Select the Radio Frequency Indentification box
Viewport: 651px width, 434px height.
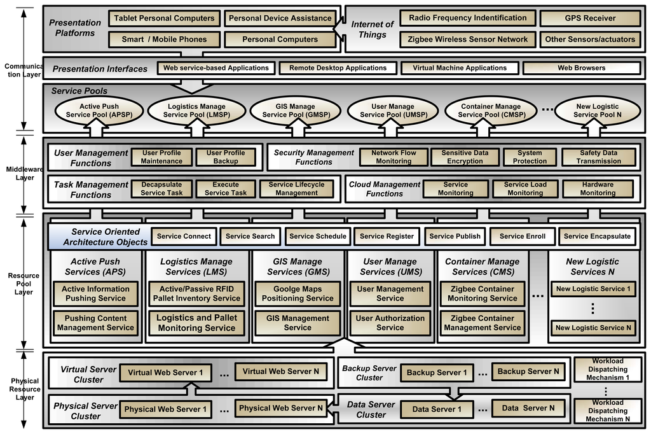pyautogui.click(x=467, y=18)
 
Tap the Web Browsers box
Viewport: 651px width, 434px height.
pyautogui.click(x=581, y=67)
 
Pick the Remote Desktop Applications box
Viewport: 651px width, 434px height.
pyautogui.click(x=338, y=67)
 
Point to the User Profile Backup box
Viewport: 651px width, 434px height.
pyautogui.click(x=225, y=157)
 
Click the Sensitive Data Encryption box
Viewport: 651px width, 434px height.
pyautogui.click(x=465, y=157)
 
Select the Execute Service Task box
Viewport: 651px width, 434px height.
pyautogui.click(x=226, y=188)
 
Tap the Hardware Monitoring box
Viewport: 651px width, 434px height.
pyautogui.click(x=597, y=188)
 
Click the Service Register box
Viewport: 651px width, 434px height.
pyautogui.click(x=387, y=236)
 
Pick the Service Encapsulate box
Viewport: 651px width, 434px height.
pyautogui.click(x=597, y=236)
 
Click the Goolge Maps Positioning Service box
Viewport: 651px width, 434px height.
pyautogui.click(x=298, y=293)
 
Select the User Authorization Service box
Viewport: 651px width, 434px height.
pyautogui.click(x=390, y=323)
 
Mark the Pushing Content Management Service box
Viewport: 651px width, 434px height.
pyautogui.click(x=95, y=323)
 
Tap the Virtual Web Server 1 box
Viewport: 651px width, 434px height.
pyautogui.click(x=165, y=372)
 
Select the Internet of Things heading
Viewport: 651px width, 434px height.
pyautogui.click(x=372, y=29)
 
